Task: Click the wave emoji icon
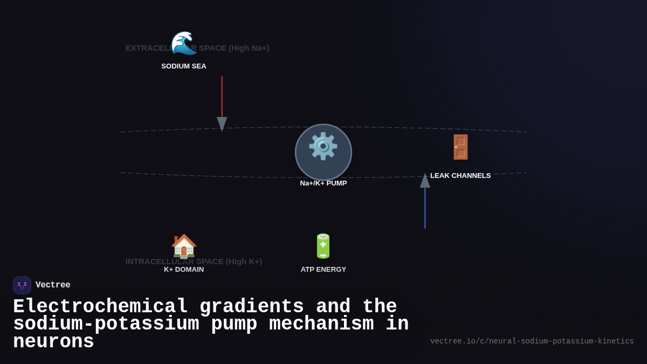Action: tap(184, 43)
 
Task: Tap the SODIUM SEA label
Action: tap(184, 66)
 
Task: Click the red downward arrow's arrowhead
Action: tap(222, 123)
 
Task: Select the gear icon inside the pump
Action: tap(323, 146)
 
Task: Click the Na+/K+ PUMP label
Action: tap(323, 183)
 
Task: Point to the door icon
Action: tap(460, 147)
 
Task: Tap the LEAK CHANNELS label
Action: tap(460, 176)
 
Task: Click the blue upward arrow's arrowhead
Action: tap(425, 181)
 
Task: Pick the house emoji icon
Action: tap(184, 246)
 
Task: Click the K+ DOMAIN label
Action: tap(184, 270)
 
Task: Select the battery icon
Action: tap(323, 246)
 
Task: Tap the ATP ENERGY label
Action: tap(323, 270)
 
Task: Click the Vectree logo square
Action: tap(22, 285)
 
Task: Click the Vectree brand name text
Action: tap(53, 285)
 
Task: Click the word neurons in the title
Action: tap(53, 342)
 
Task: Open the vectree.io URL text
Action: tap(532, 341)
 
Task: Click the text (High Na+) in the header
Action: tap(249, 48)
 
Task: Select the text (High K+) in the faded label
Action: tap(244, 262)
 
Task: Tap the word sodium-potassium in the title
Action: tap(106, 324)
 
